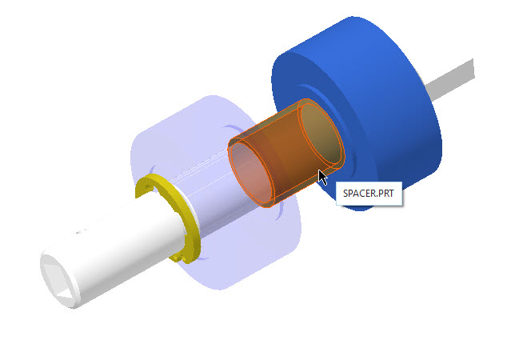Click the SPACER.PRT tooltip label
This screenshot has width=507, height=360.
[369, 194]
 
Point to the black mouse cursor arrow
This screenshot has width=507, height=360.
[323, 178]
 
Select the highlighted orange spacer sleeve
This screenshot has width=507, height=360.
[286, 153]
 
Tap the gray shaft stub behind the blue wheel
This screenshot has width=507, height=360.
[450, 79]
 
